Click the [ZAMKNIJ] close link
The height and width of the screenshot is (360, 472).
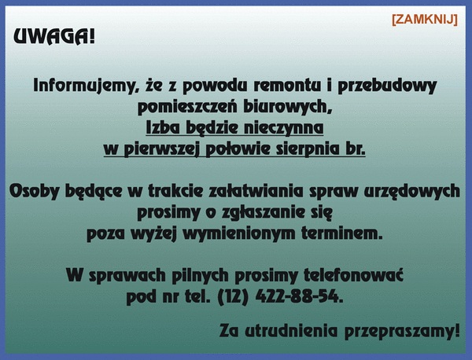[425, 20]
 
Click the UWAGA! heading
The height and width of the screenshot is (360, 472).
[54, 37]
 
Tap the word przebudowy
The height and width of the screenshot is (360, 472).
[387, 86]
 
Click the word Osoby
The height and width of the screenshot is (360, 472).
[34, 192]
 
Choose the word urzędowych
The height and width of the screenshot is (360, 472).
[411, 192]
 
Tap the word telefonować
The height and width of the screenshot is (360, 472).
[353, 275]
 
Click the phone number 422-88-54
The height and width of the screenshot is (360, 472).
[299, 297]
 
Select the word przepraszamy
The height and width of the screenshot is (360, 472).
[402, 332]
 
